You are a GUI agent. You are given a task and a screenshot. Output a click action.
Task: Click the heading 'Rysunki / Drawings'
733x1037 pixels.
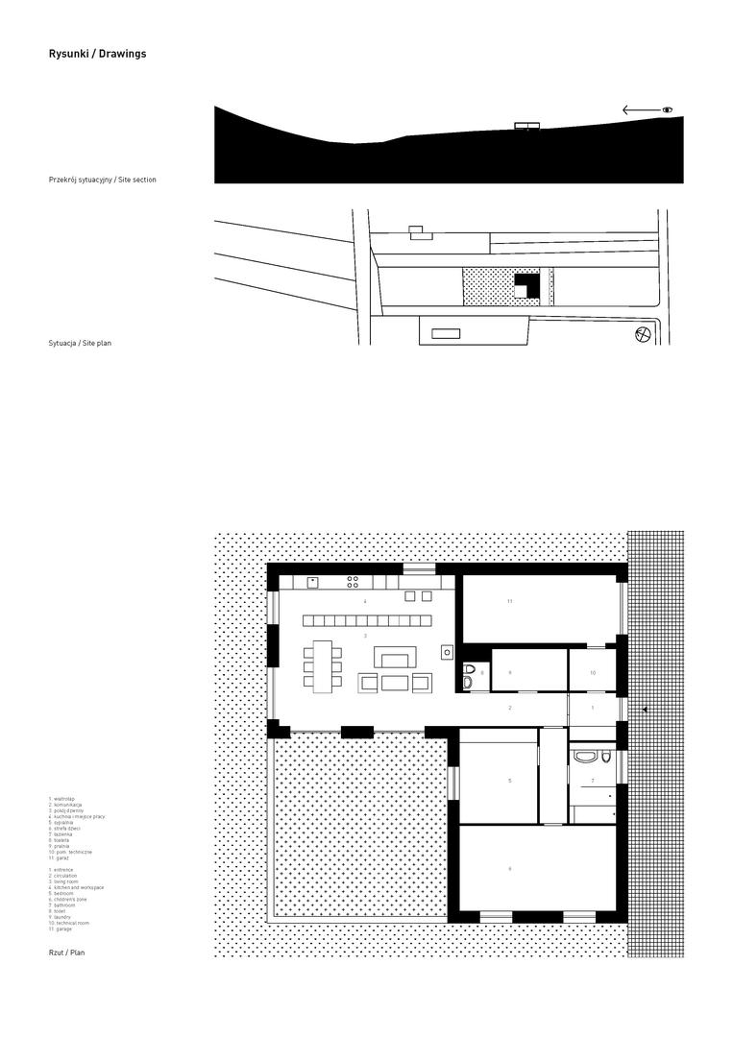point(97,55)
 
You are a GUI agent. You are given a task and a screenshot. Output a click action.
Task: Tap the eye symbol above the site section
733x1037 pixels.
point(668,110)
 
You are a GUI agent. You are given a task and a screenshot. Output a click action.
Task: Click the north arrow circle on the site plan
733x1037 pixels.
point(643,334)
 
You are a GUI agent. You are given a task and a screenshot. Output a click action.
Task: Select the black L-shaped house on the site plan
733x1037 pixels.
point(525,285)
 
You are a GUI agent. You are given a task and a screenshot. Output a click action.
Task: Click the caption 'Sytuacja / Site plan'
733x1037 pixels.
point(80,343)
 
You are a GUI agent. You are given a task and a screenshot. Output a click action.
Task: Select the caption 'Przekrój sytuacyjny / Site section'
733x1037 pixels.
point(102,180)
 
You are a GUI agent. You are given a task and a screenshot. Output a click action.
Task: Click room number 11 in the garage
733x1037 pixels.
point(510,601)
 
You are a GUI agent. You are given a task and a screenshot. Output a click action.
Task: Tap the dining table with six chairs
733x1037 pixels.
point(321,663)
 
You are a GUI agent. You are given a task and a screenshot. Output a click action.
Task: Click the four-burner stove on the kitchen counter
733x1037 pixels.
point(353,581)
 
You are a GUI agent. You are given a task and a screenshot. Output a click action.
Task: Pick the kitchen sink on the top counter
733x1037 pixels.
point(313,581)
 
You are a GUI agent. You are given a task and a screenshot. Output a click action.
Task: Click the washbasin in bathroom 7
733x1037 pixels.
point(584,757)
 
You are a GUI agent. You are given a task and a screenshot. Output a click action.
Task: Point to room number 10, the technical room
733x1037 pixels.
point(593,673)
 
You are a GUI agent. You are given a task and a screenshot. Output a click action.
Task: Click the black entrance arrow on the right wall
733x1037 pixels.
point(645,710)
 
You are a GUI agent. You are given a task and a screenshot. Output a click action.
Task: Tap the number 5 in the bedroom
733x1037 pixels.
point(509,781)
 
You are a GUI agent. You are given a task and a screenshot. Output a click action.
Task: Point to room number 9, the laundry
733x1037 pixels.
point(509,673)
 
